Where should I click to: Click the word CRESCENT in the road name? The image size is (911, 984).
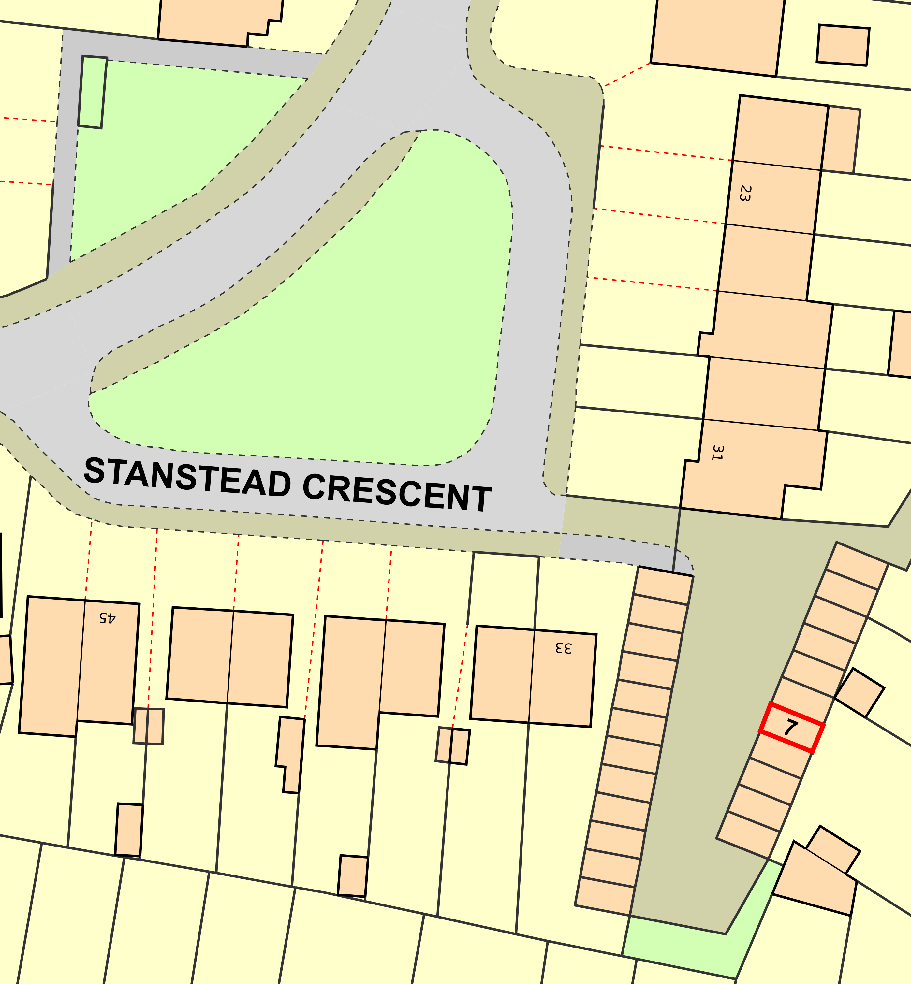pos(397,493)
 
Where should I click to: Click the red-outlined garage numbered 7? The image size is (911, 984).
pos(791,728)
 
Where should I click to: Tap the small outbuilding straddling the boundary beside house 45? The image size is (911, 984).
pos(148,726)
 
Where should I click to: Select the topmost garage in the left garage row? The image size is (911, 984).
pos(665,586)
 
